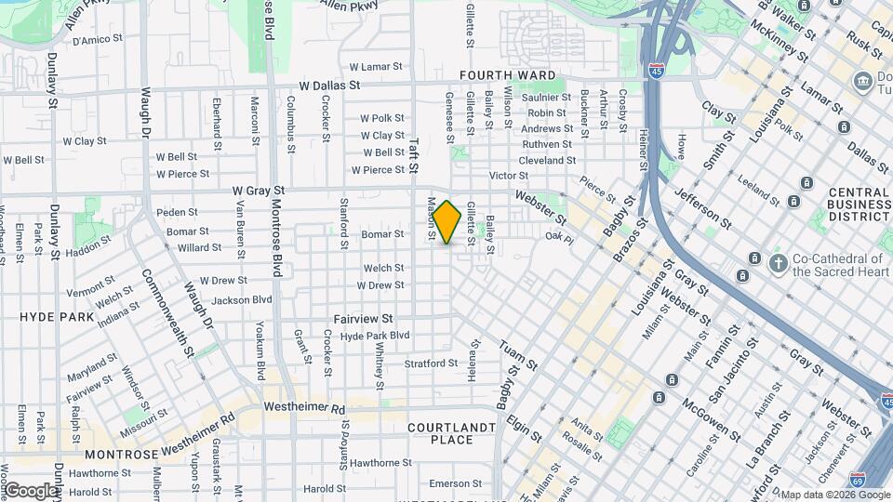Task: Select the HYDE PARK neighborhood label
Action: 57,317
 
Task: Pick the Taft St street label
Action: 415,148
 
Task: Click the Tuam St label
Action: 518,357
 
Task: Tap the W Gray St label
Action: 258,191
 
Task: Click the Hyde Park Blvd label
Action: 375,336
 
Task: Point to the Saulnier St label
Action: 545,99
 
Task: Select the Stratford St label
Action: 431,363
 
